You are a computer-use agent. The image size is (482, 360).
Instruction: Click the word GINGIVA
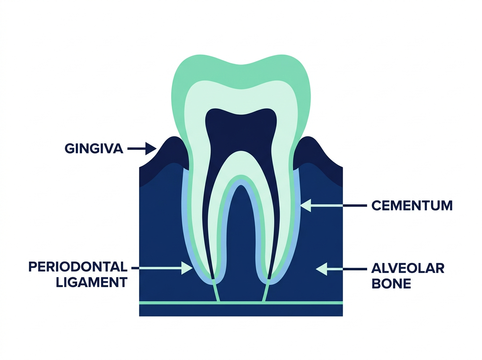tap(93, 149)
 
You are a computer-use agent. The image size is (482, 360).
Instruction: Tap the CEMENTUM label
tap(412, 206)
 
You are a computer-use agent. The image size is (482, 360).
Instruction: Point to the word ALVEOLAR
tap(408, 268)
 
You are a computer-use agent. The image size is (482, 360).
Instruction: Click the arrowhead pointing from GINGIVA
tap(151, 148)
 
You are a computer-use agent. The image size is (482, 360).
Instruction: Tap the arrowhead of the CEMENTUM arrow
tap(306, 205)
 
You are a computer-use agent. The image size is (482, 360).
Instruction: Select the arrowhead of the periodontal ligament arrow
tap(187, 268)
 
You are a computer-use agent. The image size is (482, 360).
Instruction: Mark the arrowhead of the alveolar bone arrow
tap(322, 269)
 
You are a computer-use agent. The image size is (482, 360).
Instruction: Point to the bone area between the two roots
tap(240, 241)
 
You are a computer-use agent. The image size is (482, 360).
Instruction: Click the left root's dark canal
tap(207, 225)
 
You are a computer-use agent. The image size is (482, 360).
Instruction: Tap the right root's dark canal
tap(275, 225)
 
